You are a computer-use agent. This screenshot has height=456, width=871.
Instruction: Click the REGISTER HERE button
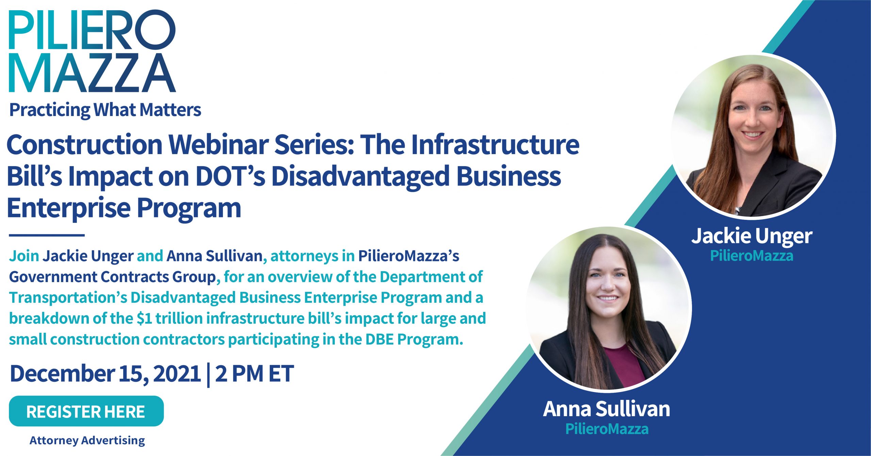[x=86, y=411]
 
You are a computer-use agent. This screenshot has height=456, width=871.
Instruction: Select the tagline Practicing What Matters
[x=105, y=110]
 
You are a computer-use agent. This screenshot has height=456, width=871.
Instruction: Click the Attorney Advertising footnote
[x=87, y=440]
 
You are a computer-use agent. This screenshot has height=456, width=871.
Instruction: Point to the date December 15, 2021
[x=105, y=374]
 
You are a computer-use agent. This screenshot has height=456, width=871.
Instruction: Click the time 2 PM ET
[x=254, y=374]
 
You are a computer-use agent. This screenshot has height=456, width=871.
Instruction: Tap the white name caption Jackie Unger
[x=752, y=236]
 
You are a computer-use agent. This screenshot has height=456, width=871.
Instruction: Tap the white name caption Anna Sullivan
[x=606, y=409]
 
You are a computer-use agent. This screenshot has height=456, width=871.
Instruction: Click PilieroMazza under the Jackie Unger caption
[x=752, y=256]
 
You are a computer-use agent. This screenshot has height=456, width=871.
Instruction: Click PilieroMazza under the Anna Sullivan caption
[x=607, y=429]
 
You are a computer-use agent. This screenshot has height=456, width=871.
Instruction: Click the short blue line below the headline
[x=47, y=235]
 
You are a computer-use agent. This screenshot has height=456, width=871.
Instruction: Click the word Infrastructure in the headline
[x=495, y=145]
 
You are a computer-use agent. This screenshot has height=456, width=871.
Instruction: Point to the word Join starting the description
[x=24, y=256]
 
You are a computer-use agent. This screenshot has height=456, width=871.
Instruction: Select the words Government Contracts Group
[x=112, y=277]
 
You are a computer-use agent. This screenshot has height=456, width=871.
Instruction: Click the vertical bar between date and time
[x=208, y=374]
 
